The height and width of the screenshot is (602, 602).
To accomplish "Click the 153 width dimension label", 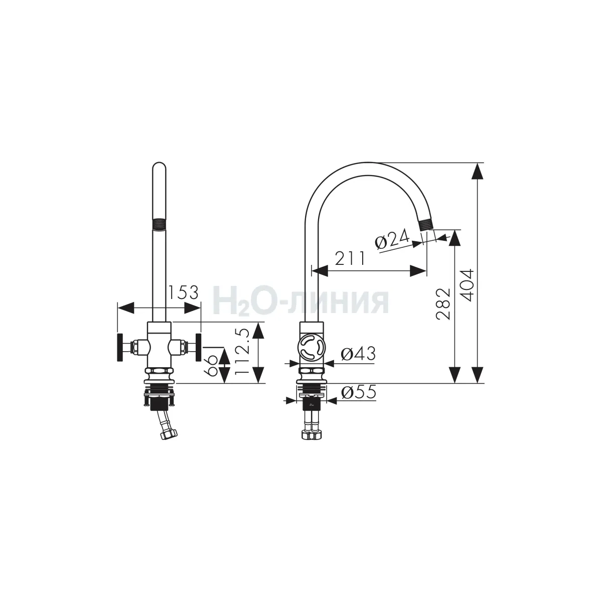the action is pos(184,292).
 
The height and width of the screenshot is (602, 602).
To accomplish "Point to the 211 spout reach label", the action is pos(350,258).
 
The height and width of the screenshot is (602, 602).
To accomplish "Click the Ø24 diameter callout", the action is pos(392,239).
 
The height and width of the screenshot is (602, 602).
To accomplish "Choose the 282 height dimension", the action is pos(443,304).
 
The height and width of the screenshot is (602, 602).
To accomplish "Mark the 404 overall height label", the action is pos(467,285).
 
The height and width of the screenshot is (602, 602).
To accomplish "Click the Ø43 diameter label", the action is pos(358,354).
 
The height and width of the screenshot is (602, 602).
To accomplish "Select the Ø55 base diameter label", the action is pos(359,392).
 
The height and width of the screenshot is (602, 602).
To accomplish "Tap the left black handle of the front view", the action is pos(120,347).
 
